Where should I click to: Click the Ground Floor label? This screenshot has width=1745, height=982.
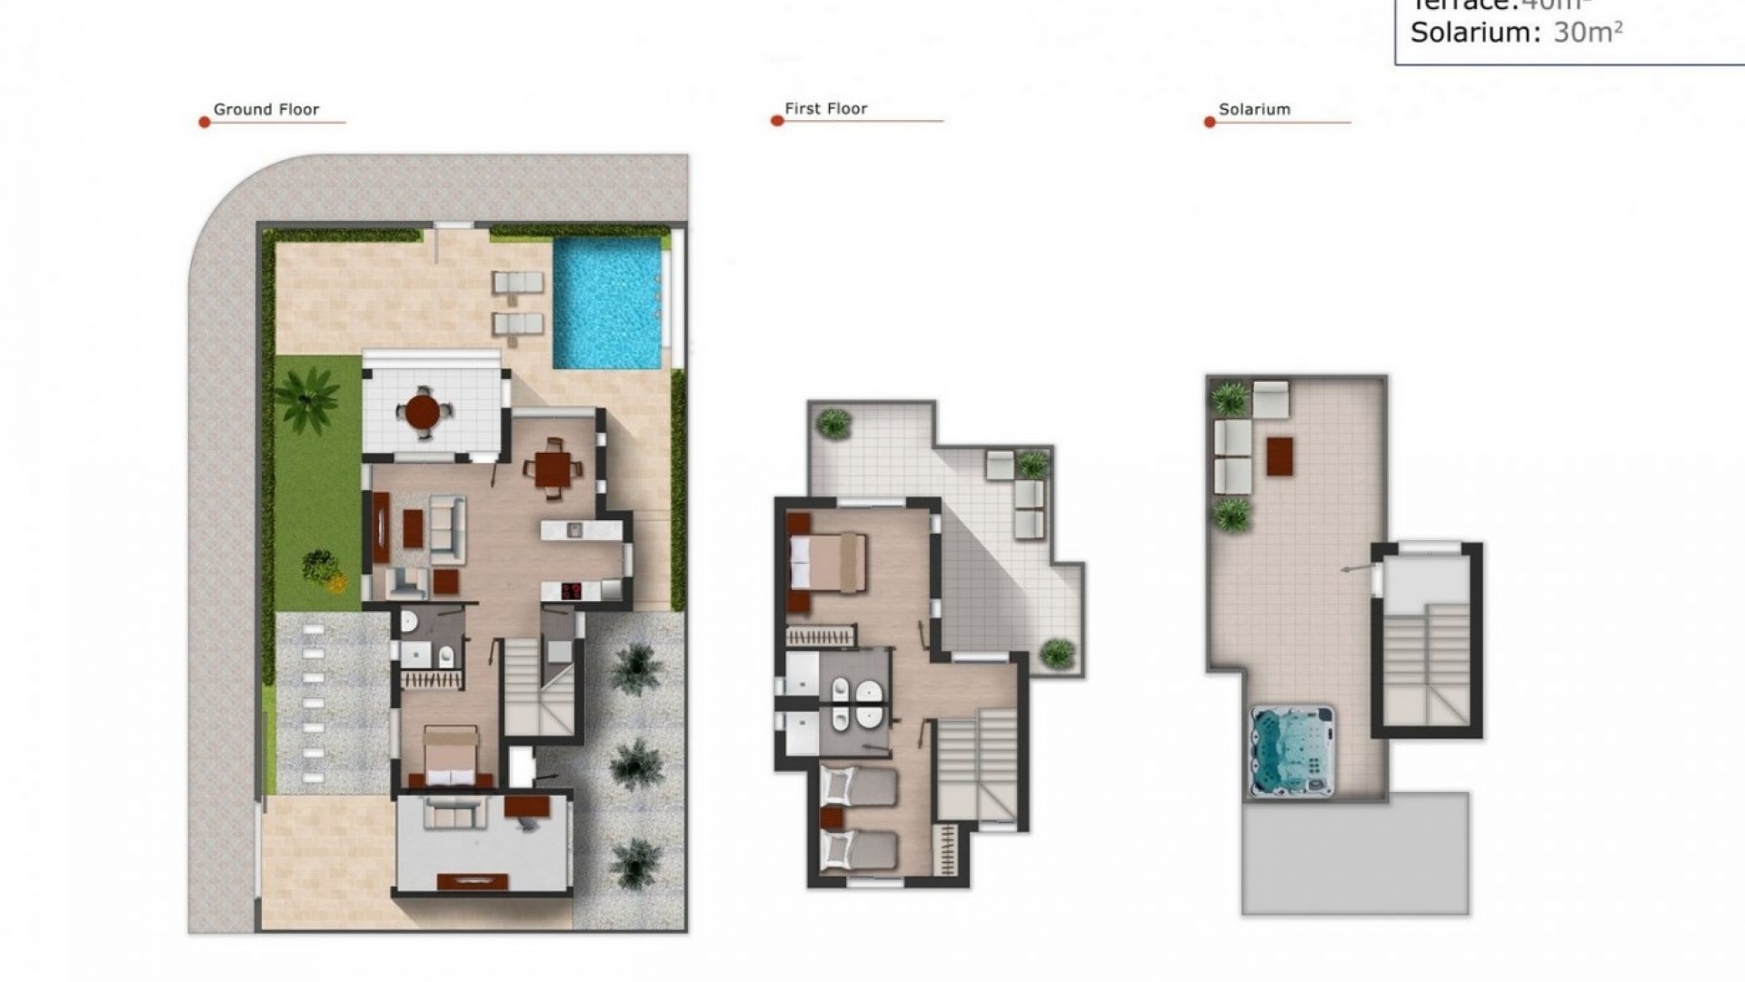point(265,109)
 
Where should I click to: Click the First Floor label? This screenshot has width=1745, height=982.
point(825,108)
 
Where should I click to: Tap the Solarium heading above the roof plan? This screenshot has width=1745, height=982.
point(1254,109)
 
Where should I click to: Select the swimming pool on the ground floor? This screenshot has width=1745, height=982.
point(607,302)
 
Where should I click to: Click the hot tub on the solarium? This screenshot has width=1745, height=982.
point(1292,751)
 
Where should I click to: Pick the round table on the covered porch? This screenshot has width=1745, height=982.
point(423,412)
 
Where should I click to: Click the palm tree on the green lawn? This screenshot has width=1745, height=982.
point(306,397)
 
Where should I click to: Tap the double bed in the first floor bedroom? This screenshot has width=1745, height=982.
point(827,563)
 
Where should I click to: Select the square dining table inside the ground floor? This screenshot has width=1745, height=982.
point(553,470)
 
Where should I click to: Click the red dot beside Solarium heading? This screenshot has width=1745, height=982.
point(1210,122)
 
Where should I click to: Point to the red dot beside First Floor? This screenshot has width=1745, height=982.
point(777,120)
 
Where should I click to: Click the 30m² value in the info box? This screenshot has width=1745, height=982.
point(1588,33)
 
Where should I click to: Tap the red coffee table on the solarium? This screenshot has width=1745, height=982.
point(1280,456)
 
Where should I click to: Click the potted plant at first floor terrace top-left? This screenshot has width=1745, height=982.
point(833,423)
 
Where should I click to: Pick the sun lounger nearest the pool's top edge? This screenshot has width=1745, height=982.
point(518,283)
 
